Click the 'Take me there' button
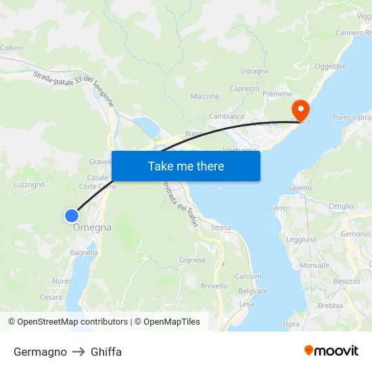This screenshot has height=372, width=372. coord(186,166)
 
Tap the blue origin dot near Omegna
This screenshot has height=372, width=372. coord(71,216)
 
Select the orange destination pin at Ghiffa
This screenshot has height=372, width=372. coord(300,109)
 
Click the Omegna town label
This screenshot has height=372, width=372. coord(92,228)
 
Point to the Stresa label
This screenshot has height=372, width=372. coord(220,228)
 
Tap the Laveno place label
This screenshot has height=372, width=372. coord(300,187)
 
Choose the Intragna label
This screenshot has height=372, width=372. coord(254,71)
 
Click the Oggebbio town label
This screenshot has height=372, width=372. coord(331,66)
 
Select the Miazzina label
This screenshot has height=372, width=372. coord(204,97)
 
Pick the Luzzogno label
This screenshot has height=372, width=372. coord(29,184)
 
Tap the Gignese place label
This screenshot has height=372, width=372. coord(192,260)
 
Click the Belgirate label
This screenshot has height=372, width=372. coord(253,292)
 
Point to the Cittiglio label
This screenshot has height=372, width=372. coord(340,206)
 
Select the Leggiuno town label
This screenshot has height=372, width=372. coord(301,239)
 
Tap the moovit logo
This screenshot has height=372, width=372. coord(331,351)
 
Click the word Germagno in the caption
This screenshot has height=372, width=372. coord(40,352)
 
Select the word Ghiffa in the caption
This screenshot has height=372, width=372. coord(106,352)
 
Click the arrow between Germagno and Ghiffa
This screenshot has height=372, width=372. coord(78,352)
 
